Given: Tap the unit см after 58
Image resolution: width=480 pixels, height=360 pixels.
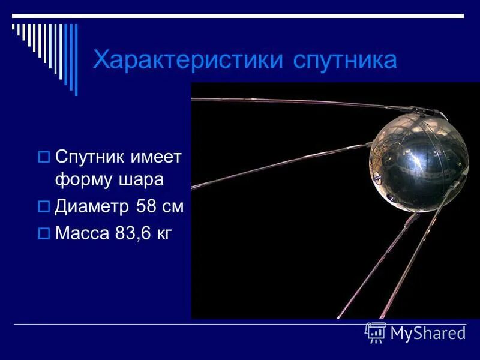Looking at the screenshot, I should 173,207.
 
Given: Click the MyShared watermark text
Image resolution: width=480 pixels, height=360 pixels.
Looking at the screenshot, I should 428,333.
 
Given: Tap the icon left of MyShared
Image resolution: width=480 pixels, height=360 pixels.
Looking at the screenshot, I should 376,332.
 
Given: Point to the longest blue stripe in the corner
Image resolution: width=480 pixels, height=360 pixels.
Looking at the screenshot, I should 76,59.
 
